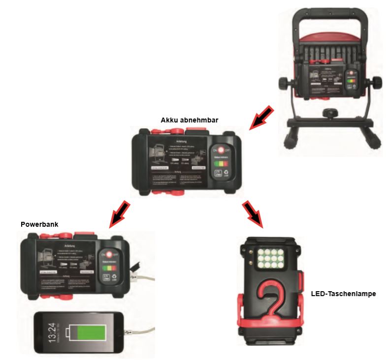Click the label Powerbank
[39, 224]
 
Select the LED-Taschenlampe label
[343, 294]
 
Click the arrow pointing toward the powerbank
[120, 212]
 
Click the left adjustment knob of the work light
[285, 83]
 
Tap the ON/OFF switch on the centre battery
[220, 150]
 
